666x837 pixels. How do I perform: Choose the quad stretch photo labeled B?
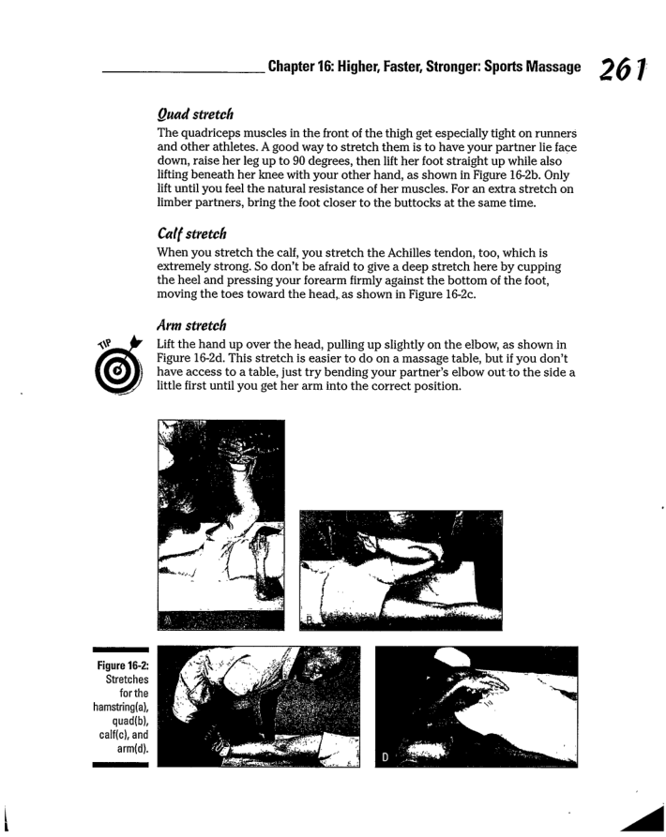click(401, 569)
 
